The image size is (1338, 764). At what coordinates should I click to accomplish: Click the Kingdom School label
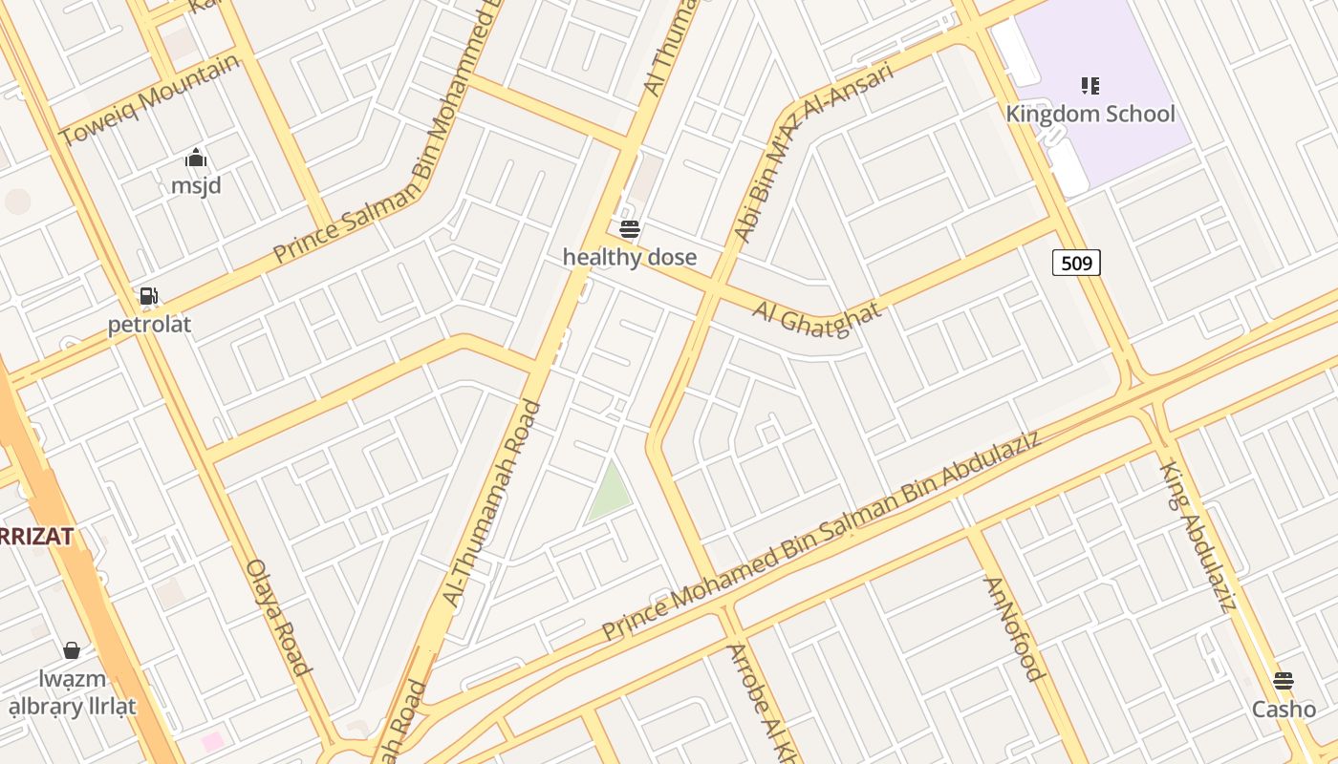[x=1090, y=114]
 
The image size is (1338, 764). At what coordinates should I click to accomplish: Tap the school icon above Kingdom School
[x=1090, y=86]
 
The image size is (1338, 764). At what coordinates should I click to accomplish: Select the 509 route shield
[x=1076, y=263]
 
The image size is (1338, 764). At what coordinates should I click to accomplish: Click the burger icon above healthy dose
[x=629, y=229]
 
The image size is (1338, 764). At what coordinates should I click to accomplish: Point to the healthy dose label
[x=630, y=257]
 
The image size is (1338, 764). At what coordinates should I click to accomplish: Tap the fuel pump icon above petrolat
[x=148, y=296]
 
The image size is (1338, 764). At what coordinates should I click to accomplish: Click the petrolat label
[x=149, y=325]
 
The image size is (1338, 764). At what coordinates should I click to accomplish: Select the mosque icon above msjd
[x=196, y=158]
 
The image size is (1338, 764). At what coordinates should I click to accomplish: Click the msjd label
[x=196, y=185]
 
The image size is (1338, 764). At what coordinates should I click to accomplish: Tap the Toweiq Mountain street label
[x=149, y=100]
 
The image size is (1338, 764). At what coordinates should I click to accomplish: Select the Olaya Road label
[x=279, y=617]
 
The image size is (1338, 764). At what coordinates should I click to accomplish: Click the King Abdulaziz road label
[x=1198, y=535]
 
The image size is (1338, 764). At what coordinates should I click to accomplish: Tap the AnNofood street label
[x=1012, y=628]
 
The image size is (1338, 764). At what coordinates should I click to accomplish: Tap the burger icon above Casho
[x=1284, y=681]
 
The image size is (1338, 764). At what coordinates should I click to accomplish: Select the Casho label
[x=1284, y=710]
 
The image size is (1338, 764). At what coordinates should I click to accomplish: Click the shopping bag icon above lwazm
[x=72, y=651]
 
